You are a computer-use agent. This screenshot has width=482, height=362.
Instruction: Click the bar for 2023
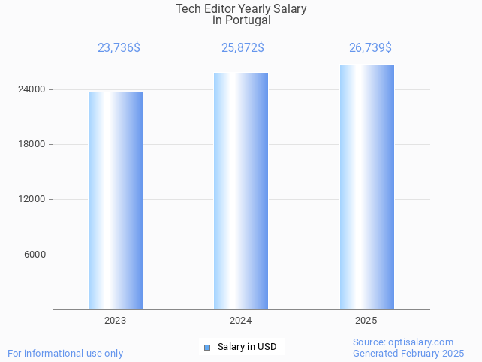116,201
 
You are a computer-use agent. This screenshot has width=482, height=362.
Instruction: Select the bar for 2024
241,191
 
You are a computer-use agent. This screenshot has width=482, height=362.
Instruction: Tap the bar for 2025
366,187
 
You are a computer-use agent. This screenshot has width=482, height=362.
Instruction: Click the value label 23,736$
119,48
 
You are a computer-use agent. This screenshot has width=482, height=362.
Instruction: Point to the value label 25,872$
243,48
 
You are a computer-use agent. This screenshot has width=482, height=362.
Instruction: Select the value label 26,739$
370,48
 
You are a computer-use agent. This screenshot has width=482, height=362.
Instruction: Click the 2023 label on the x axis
116,321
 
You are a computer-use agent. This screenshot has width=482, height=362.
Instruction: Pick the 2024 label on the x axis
241,321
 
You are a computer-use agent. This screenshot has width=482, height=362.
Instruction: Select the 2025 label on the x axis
366,321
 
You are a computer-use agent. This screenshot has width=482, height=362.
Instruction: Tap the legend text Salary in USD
247,347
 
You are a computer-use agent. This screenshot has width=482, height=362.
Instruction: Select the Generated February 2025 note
408,354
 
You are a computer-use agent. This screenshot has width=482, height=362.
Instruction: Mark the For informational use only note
65,354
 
